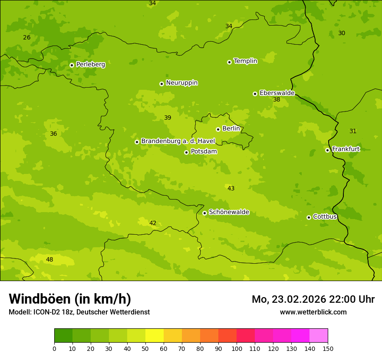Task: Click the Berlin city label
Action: coord(231,129)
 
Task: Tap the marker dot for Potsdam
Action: coord(186,152)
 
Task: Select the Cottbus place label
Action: coord(325,216)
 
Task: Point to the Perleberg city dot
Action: coord(72,65)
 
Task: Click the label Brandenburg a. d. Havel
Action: coord(178,141)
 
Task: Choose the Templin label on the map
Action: coord(245,61)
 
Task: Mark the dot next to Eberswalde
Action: coord(255,94)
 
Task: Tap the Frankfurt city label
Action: coord(346,149)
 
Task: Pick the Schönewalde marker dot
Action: coord(204,213)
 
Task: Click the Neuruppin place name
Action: coord(181,83)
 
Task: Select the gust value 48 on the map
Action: coord(49,259)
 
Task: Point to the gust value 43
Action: coord(231,188)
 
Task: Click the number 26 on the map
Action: coord(27,37)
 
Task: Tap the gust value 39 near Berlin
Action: coord(168,118)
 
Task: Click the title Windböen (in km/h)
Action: coord(70,299)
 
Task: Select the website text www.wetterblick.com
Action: coord(313,312)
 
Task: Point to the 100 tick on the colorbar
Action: coord(237,348)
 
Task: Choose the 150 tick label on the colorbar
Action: coord(328,348)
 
